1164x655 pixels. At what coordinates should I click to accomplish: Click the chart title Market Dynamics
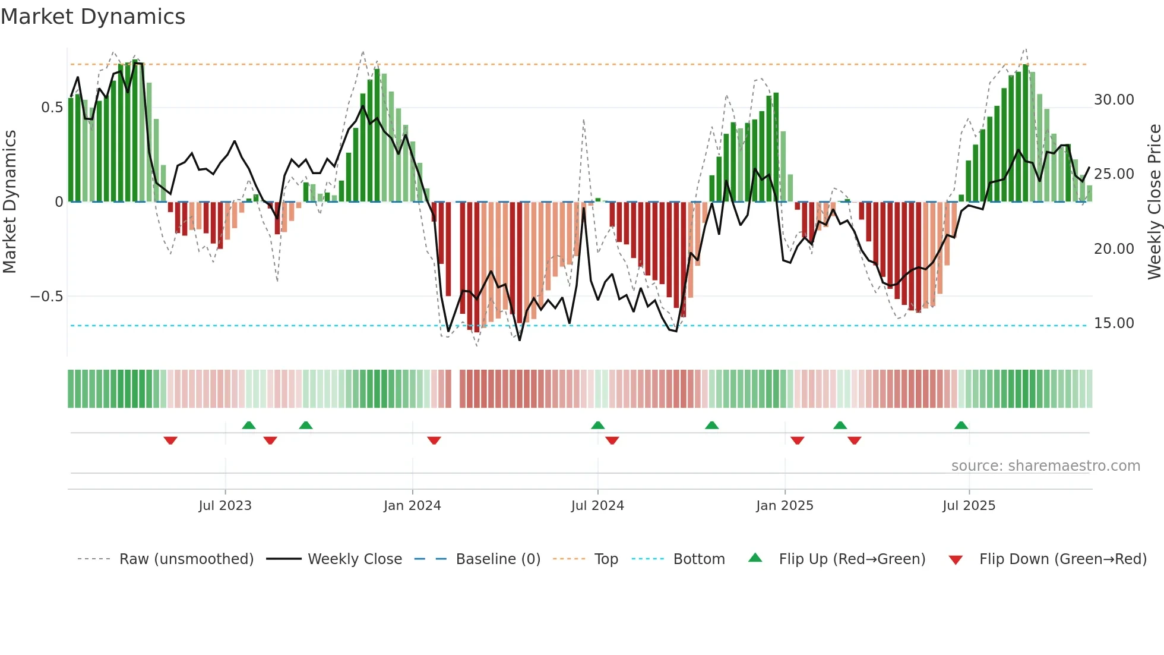[93, 17]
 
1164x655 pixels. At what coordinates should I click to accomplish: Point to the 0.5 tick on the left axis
[52, 108]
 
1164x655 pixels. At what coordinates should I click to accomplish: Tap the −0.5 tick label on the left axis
[47, 296]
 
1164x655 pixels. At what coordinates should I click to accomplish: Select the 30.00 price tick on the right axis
[1114, 100]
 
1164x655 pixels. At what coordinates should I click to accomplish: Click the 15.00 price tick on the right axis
[1114, 323]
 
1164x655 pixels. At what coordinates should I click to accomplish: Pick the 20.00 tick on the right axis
[1114, 249]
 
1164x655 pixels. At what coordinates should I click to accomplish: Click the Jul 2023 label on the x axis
[225, 506]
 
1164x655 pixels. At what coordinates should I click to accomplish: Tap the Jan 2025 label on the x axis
[785, 506]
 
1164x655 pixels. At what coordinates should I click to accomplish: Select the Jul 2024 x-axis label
[597, 506]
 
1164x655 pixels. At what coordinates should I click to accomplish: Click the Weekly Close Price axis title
[1154, 202]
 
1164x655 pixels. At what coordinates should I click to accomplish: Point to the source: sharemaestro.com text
[1045, 466]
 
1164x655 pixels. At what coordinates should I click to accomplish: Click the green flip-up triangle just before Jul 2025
[961, 425]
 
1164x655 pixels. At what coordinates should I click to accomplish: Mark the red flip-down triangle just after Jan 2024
[434, 440]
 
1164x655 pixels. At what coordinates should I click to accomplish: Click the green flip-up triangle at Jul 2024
[597, 425]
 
